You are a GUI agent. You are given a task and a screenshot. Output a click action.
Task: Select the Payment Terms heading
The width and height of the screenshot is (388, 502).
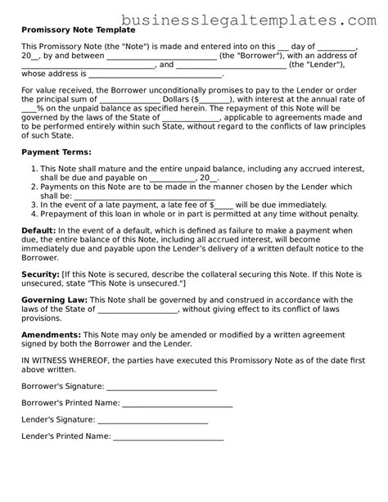56,152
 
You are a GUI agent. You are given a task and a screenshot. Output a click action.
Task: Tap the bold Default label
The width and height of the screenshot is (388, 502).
38,232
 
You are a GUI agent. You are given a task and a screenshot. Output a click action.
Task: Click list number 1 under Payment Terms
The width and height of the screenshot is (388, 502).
34,167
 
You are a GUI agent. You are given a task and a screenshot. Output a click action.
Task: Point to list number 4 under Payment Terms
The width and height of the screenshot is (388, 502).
34,215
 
